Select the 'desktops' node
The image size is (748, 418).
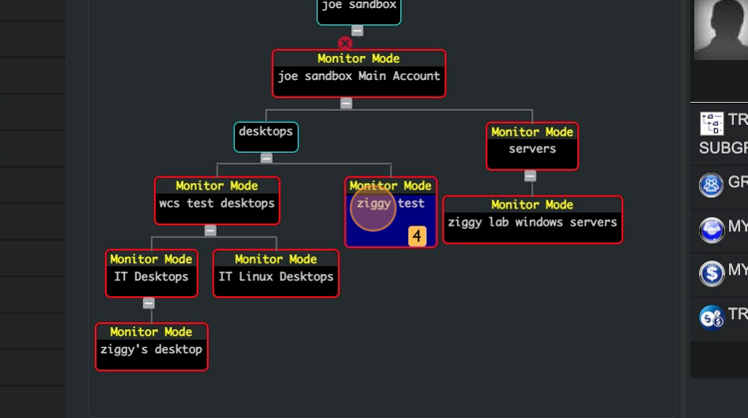coord(266,136)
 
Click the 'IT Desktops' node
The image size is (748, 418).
coord(151,274)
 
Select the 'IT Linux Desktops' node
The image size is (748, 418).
coord(276,274)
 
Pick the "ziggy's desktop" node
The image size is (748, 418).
coord(151,347)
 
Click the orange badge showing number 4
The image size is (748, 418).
coord(417,236)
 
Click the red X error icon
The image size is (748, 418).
coord(345,44)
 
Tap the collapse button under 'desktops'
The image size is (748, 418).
coord(266,158)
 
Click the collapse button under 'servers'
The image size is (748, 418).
coord(531,176)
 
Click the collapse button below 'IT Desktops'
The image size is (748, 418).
coord(149,303)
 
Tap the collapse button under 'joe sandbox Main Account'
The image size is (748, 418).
coord(346,103)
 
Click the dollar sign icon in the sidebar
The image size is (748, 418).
coord(712,274)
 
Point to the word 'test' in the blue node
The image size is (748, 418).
coord(411,203)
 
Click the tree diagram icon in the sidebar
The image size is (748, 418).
coord(712,123)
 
